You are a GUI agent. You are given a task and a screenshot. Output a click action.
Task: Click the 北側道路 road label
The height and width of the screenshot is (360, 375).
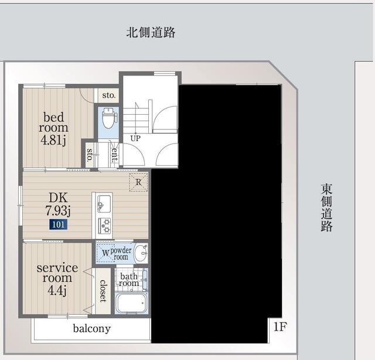151,32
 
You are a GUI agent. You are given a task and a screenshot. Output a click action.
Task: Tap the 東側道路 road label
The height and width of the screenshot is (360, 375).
326,208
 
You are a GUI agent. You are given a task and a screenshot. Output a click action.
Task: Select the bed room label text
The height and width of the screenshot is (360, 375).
53,122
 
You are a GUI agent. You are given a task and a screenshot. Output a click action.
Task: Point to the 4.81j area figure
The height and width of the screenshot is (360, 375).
54,140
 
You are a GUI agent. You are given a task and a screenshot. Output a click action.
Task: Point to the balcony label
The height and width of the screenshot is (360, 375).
91,328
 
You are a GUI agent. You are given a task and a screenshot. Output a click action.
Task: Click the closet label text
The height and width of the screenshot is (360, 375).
103,291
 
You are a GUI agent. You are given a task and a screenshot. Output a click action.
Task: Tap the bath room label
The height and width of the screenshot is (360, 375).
129,280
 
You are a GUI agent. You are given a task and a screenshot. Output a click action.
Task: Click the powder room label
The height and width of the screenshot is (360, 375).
120,253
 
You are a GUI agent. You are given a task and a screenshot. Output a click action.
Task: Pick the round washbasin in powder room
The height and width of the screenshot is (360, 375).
141,253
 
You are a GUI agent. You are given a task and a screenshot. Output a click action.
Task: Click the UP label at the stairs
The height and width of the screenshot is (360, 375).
135,139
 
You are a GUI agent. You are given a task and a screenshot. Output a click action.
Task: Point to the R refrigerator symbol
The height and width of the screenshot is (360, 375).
138,181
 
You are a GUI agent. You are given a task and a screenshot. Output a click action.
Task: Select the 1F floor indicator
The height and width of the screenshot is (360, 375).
279,327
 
